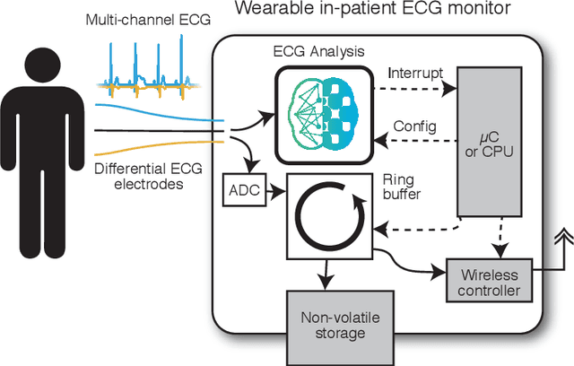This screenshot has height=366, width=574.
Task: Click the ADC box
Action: point(240,189)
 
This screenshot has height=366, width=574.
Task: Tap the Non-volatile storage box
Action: point(332,324)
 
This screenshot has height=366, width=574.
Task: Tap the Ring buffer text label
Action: point(399,185)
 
